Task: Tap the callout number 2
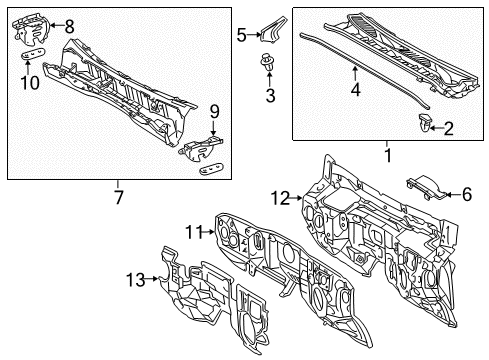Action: tap(448, 127)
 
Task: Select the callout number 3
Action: tap(269, 95)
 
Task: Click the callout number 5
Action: tap(241, 35)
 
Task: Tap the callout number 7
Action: tap(118, 197)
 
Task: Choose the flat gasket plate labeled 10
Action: tap(35, 57)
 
